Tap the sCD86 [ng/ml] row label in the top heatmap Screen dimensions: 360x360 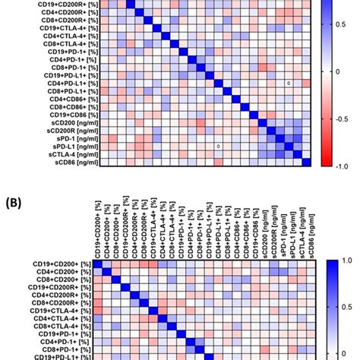(66, 162)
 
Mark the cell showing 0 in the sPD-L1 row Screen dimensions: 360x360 (218, 147)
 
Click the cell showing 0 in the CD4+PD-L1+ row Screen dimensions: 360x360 (289, 83)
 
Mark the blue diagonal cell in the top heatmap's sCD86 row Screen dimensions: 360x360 (306, 162)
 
